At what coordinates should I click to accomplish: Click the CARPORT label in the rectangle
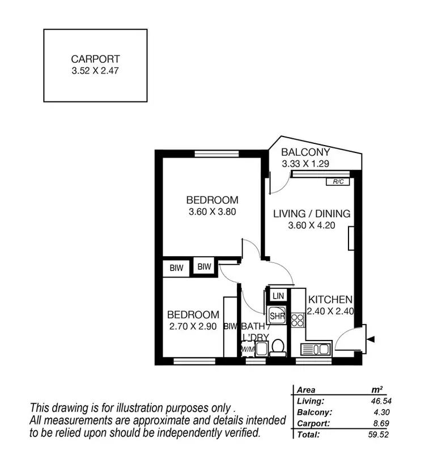point(95,58)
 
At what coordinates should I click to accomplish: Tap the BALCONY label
point(305,152)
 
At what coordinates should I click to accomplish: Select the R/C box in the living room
point(338,182)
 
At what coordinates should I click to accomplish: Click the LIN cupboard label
point(278,296)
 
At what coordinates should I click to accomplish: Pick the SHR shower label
point(277,316)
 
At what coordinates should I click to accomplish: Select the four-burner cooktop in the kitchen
point(298,320)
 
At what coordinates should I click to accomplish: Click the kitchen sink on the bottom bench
point(316,350)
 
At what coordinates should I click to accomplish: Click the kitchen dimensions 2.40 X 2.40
point(330,310)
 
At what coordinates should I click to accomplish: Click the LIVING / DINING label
point(312,214)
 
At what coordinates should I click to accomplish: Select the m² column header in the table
point(376,390)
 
